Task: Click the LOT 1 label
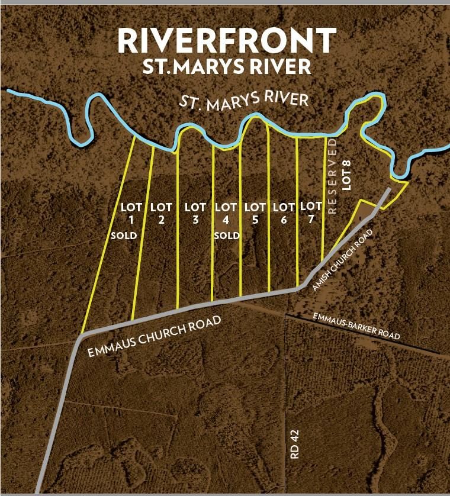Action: (131, 213)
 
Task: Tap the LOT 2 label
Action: (161, 213)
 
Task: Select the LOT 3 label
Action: (195, 213)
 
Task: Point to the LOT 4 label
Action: (226, 213)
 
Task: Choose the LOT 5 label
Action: (255, 213)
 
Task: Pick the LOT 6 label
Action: (284, 213)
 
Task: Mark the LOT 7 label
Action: (311, 212)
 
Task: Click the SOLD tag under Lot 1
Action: (124, 236)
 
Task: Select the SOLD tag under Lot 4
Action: (227, 236)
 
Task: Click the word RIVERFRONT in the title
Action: (227, 40)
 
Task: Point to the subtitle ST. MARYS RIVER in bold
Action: (227, 66)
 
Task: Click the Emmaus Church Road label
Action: (154, 337)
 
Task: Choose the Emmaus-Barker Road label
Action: (356, 326)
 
